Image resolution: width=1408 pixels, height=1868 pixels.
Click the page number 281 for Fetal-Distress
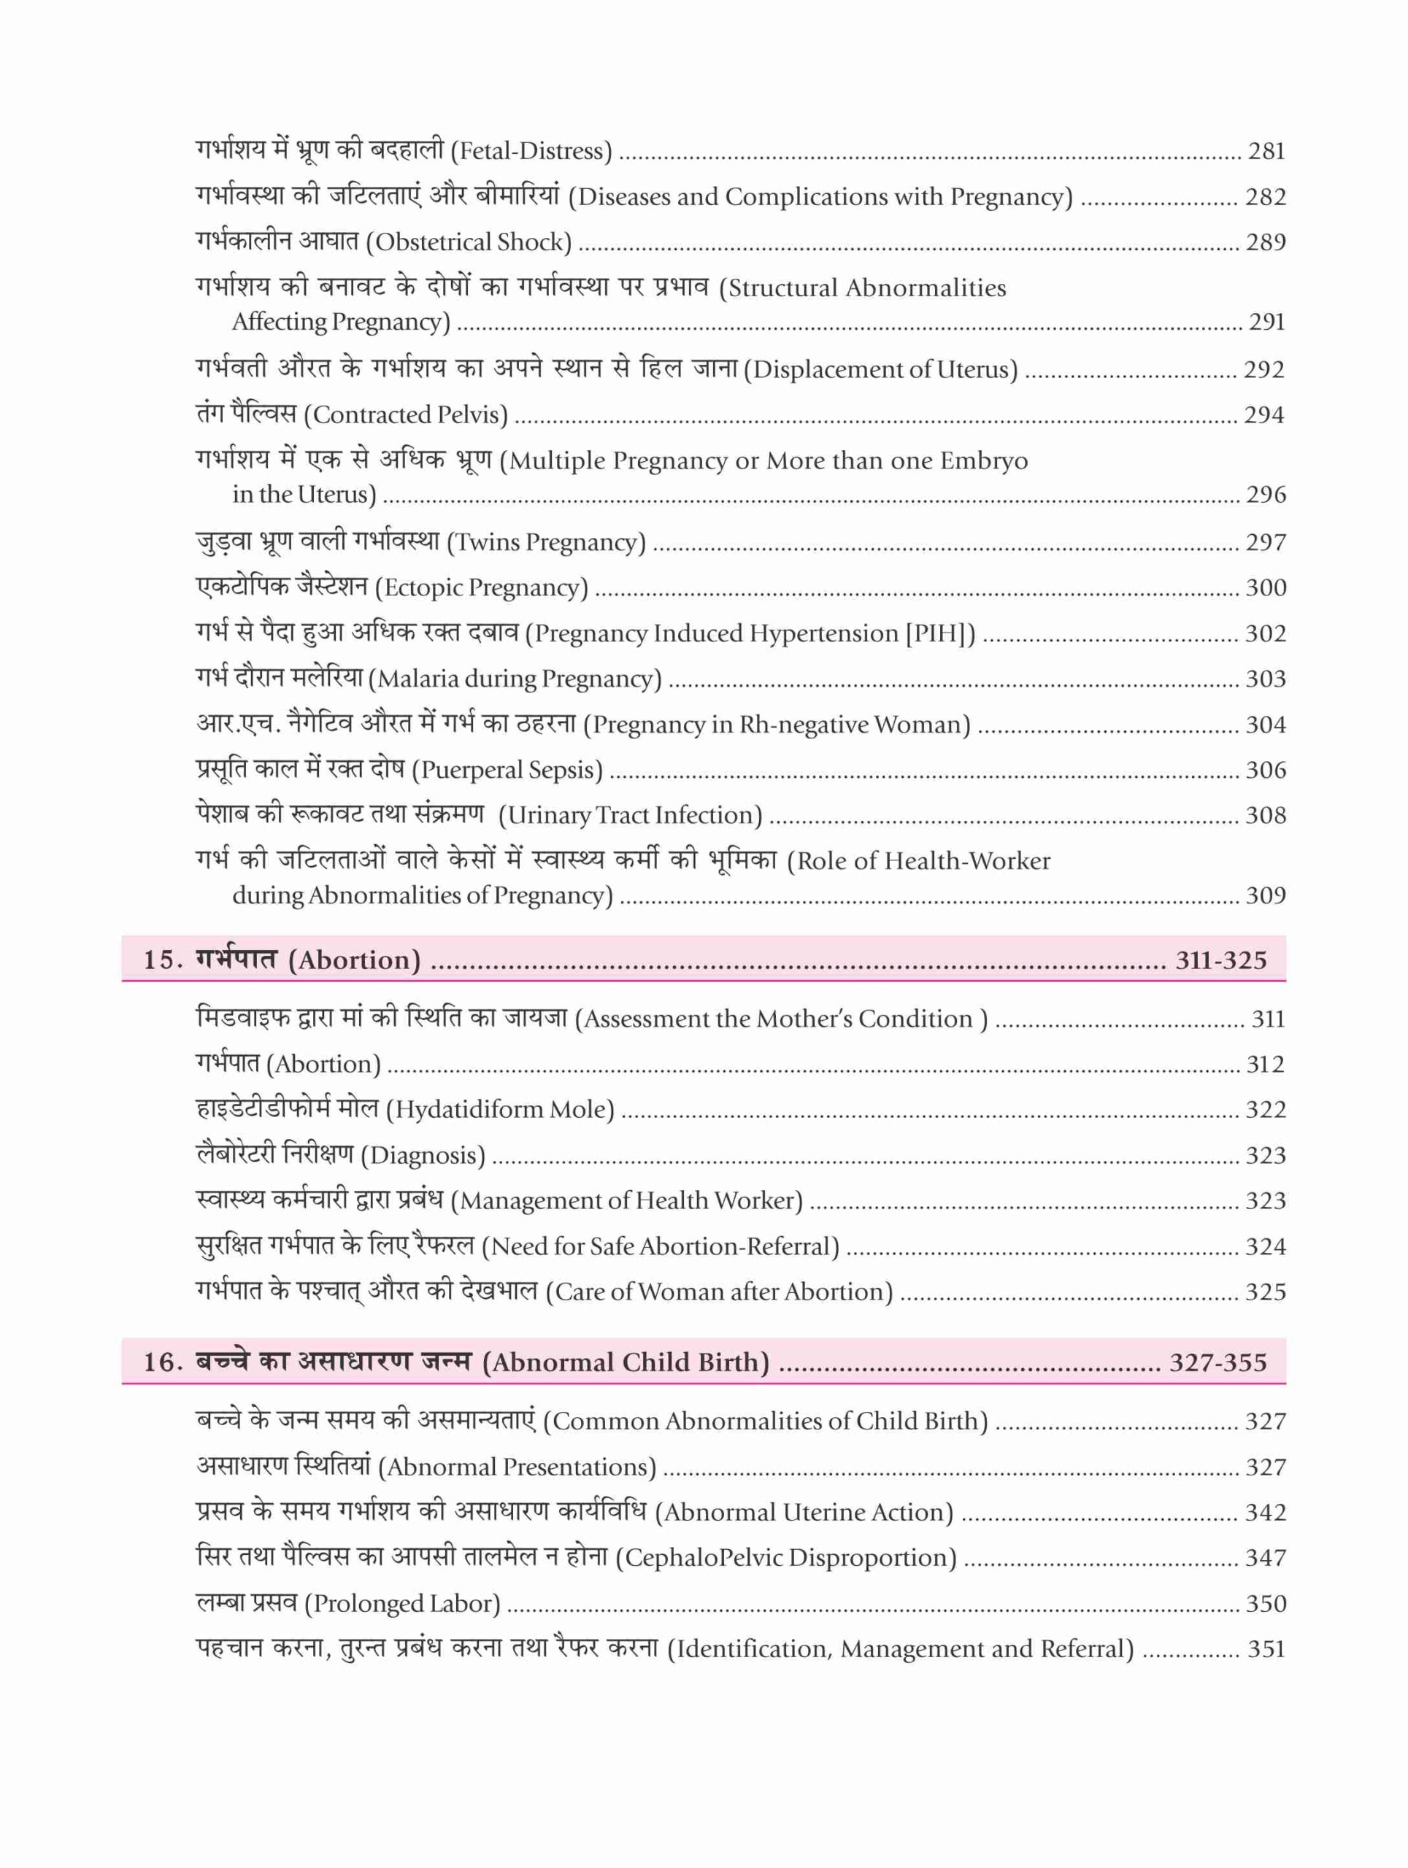[1266, 151]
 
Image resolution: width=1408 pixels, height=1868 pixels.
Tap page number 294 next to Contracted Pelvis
[1263, 414]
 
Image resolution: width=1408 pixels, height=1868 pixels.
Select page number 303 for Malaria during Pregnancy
[1265, 679]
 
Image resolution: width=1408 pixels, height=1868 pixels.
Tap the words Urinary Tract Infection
[630, 816]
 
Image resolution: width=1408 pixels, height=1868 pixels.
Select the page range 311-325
[1220, 960]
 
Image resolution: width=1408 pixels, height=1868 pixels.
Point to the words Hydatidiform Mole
[499, 1110]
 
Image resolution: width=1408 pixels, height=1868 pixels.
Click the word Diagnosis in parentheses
[423, 1155]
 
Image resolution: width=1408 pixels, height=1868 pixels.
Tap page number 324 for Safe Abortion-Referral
[1265, 1246]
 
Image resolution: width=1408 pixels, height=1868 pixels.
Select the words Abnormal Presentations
[517, 1467]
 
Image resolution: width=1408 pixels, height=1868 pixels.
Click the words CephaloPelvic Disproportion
[785, 1558]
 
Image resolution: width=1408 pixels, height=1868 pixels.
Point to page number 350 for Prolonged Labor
[1265, 1604]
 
